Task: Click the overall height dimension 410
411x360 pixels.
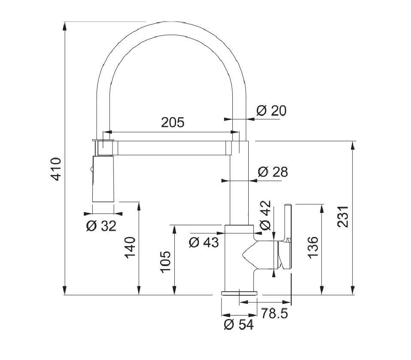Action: (x=56, y=168)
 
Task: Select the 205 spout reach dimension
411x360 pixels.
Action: (x=173, y=122)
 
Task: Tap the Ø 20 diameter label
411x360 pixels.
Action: (x=271, y=111)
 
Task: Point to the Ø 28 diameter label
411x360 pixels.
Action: (x=273, y=172)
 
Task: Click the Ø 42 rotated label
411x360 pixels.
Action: (x=266, y=215)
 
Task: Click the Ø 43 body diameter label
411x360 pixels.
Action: (x=204, y=242)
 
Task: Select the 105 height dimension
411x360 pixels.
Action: (x=166, y=261)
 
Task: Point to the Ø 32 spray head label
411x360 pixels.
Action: (x=101, y=226)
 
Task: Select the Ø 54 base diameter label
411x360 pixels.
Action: (x=238, y=325)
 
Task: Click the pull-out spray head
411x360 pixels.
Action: (x=103, y=178)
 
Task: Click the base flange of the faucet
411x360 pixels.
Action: (x=239, y=293)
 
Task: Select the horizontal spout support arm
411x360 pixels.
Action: (x=172, y=148)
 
